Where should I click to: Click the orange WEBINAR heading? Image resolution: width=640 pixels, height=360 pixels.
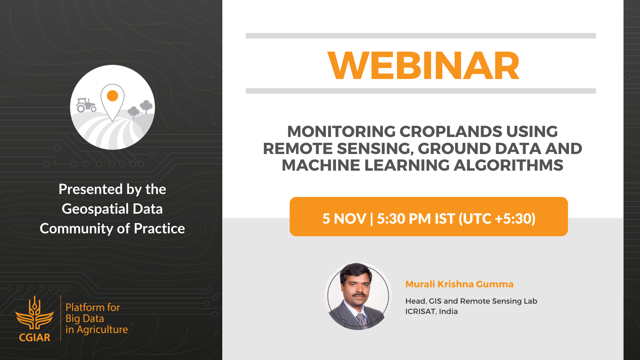[x=423, y=66]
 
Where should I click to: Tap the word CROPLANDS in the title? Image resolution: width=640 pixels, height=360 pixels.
[x=450, y=132]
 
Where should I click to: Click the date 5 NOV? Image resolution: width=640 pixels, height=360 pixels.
[x=344, y=219]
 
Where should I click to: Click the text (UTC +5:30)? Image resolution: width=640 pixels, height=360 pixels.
[x=497, y=219]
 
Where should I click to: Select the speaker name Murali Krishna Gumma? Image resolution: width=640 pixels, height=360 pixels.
[x=459, y=284]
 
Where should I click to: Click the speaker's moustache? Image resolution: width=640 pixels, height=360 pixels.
[x=359, y=295]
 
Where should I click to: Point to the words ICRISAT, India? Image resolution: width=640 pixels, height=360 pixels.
[x=431, y=311]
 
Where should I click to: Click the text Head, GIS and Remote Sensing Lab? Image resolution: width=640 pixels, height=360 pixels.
[x=471, y=301]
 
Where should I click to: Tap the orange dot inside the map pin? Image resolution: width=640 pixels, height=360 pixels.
[x=113, y=96]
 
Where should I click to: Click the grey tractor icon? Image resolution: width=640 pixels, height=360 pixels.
[x=86, y=105]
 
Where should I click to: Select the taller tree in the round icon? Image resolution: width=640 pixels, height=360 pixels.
[x=146, y=106]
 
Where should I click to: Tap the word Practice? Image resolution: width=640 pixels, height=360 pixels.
[x=159, y=229]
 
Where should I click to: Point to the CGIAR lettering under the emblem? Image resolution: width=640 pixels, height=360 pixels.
[x=35, y=337]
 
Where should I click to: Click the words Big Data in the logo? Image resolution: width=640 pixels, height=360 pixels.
[x=85, y=318]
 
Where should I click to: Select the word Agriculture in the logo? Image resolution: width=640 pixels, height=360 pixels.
[x=102, y=330]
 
